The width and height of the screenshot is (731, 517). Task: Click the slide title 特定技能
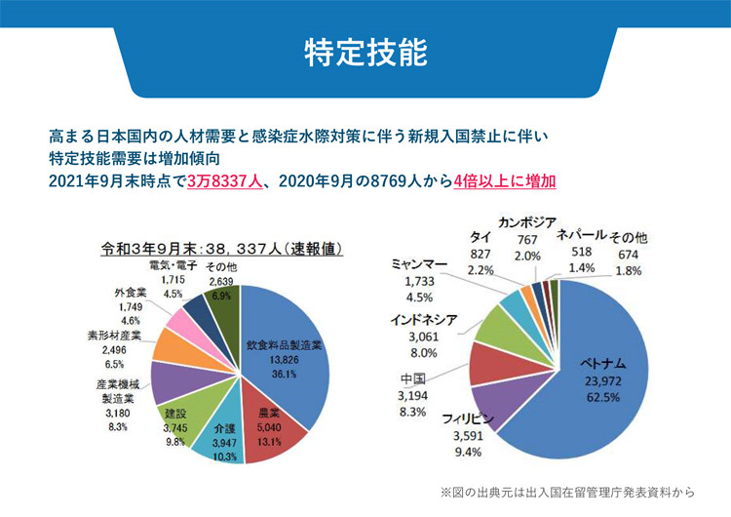pyautogui.click(x=365, y=51)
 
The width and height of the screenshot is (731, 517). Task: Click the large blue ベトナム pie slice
pyautogui.click(x=604, y=361)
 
